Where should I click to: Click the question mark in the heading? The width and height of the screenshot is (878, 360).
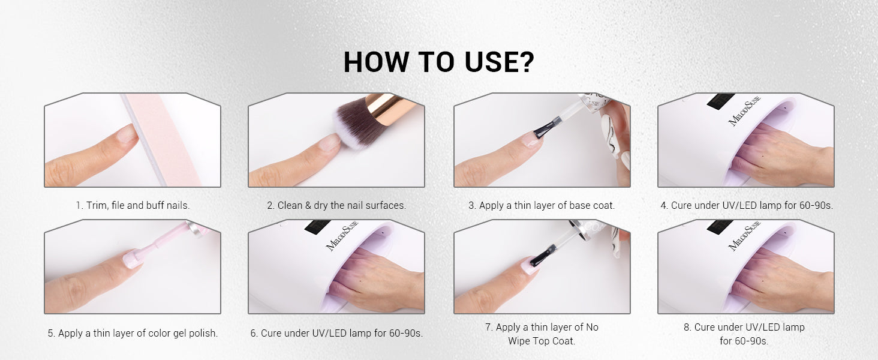[x=525, y=62]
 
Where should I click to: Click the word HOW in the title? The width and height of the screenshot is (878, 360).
[x=376, y=62]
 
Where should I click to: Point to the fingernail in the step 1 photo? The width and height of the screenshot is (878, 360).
[x=127, y=133]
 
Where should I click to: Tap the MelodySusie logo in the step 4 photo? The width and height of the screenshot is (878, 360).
[x=744, y=110]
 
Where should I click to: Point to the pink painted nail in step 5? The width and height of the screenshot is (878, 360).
[x=132, y=260]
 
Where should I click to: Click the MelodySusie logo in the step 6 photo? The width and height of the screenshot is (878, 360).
[x=342, y=237]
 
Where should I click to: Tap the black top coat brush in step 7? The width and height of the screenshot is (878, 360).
[x=543, y=255]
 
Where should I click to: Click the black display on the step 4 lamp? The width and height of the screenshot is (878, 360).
[x=720, y=101]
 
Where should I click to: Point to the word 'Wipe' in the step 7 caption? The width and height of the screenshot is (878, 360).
[x=520, y=341]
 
